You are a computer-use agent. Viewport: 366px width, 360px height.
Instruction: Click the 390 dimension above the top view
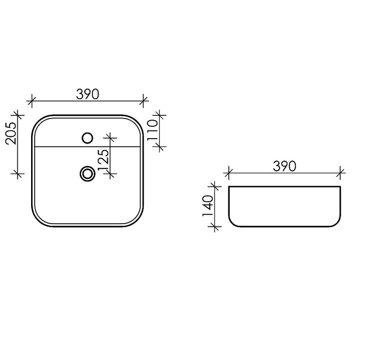click(87, 94)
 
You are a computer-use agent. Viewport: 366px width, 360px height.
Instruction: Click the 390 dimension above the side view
click(285, 166)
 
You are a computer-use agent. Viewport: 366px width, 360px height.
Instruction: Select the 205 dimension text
click(11, 133)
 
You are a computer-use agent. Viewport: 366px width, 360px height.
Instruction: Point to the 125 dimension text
click(103, 160)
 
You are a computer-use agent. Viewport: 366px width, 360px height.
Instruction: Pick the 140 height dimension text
click(208, 206)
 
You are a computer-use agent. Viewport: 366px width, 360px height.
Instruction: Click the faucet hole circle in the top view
click(87, 138)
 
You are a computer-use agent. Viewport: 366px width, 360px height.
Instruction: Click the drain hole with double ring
click(87, 173)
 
